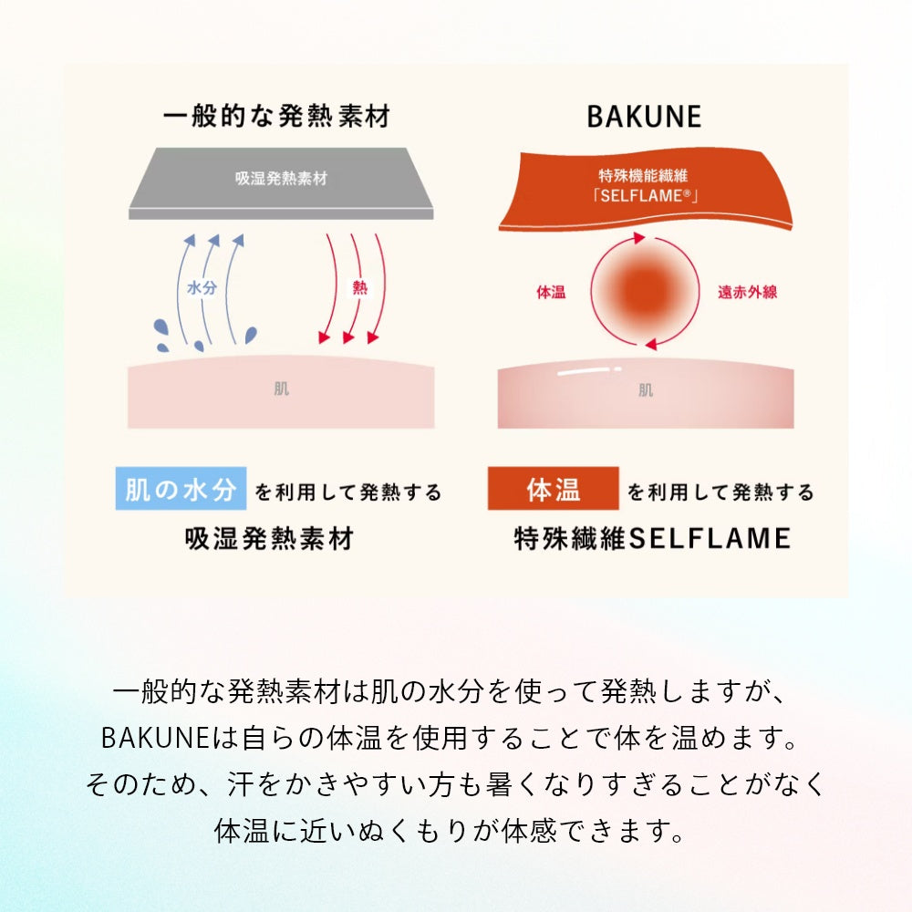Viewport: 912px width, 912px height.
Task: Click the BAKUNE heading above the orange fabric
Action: [644, 117]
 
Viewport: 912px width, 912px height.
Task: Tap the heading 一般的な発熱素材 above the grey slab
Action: [277, 116]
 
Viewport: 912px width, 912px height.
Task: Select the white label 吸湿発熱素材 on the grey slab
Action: [281, 178]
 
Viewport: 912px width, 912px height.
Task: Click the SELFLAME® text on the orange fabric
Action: [646, 195]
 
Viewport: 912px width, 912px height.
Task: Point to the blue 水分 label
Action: [202, 287]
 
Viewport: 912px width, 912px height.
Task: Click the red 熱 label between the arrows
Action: [360, 287]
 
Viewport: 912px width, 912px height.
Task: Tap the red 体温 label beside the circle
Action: [551, 292]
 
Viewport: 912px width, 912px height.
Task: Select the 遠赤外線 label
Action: [748, 292]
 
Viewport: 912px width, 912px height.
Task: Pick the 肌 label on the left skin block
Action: [282, 389]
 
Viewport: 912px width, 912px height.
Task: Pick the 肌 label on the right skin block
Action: [646, 389]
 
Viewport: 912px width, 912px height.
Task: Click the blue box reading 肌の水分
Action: [181, 489]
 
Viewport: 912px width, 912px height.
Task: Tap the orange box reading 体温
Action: [554, 489]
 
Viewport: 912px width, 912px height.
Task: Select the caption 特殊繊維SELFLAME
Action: [653, 539]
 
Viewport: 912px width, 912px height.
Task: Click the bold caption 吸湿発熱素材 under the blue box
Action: [269, 539]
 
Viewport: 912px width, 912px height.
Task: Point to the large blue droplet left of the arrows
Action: [160, 327]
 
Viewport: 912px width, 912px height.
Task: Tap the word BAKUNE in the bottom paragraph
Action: [155, 738]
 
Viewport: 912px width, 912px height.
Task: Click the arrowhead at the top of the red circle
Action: [639, 237]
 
